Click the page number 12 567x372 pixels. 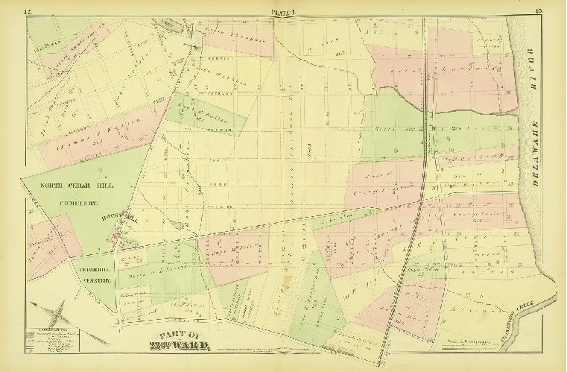point(28,10)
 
